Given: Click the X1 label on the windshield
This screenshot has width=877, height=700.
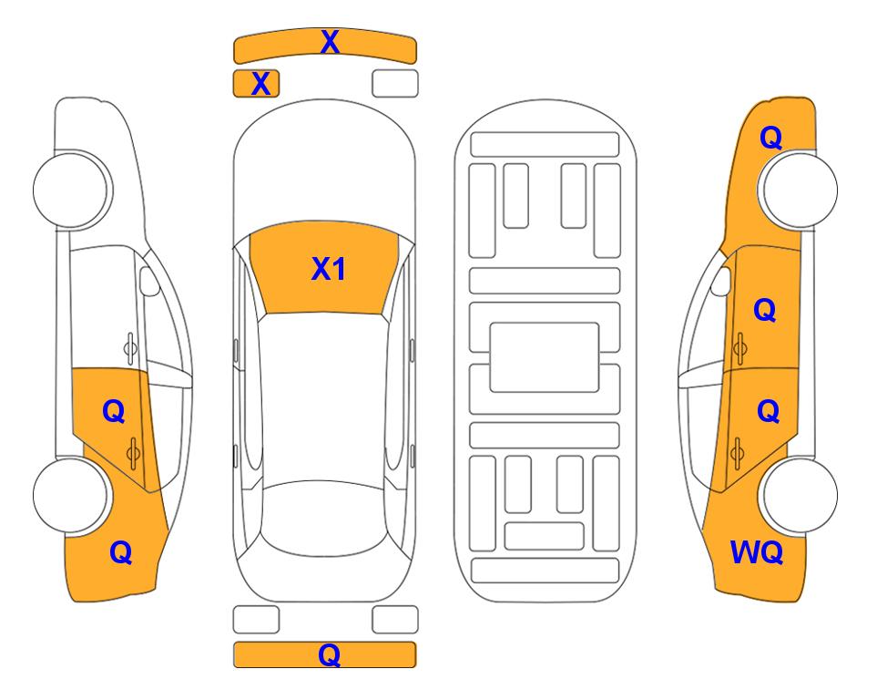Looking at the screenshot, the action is point(329,269).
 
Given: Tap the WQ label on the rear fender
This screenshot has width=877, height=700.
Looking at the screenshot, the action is point(757,552).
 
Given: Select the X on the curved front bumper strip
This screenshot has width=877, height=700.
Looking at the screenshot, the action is point(330,41).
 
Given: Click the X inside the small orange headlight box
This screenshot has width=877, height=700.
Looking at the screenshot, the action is point(260,84).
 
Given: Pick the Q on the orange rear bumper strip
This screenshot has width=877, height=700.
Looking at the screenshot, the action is point(329,654).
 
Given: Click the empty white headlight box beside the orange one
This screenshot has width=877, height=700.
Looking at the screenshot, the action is point(395,84).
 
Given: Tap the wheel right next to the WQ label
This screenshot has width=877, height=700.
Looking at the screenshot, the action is point(798,495).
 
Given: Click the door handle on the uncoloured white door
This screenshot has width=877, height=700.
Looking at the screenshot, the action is point(130,348).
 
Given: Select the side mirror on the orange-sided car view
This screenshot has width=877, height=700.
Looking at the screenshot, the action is point(720,282).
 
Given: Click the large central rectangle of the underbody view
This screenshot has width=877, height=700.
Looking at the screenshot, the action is point(545,357).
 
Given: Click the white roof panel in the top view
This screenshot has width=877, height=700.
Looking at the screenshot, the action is point(323,397).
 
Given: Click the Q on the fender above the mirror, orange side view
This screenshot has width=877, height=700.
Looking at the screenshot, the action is point(770,138).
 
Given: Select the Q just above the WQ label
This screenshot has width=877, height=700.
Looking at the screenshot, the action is point(769,412).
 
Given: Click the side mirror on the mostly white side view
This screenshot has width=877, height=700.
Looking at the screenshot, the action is point(149,282).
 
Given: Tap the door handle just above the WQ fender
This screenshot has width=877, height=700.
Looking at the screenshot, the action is point(737,454).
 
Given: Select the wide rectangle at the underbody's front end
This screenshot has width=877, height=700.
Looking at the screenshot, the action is point(545,145).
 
